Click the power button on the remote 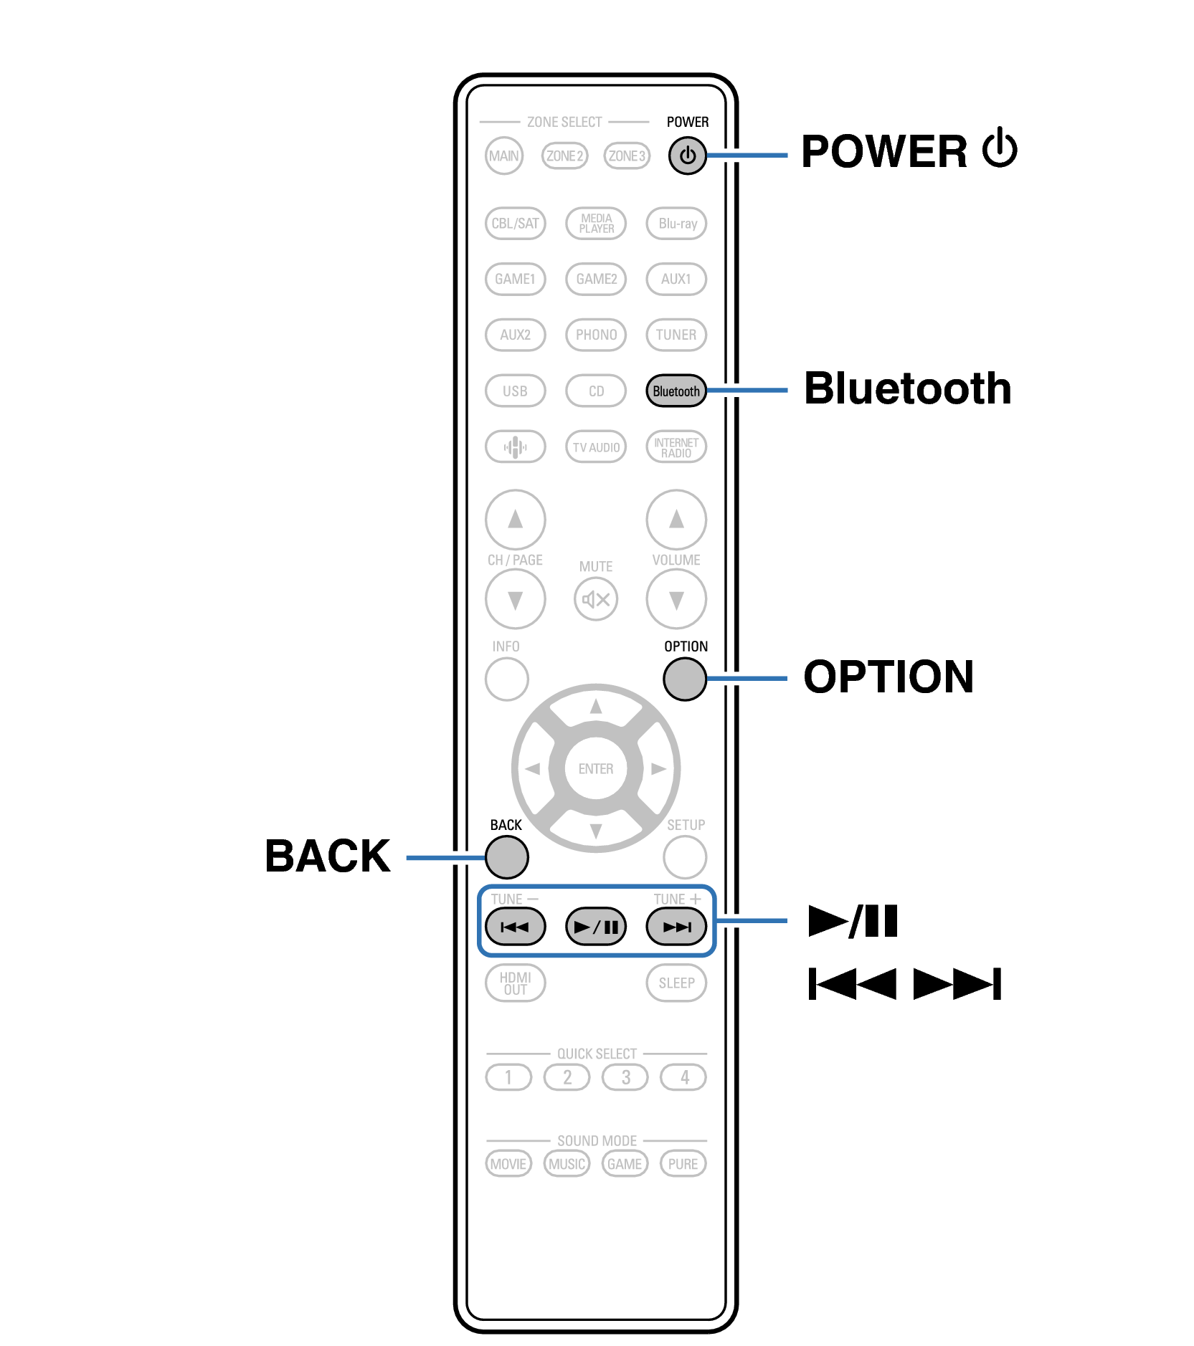tap(687, 156)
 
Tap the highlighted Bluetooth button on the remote tap(676, 391)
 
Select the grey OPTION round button tap(685, 679)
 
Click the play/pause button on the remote tap(596, 927)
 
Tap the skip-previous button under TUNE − tap(515, 927)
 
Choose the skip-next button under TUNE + tap(676, 927)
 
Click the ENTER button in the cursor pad tap(596, 769)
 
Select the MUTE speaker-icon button tap(596, 599)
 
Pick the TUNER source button tap(676, 335)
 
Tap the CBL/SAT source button tap(515, 224)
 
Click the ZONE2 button tap(565, 156)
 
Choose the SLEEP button tap(676, 983)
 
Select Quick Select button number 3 tap(625, 1077)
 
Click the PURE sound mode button tap(683, 1164)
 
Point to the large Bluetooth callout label tap(907, 389)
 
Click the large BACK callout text tap(328, 856)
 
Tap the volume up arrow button tap(676, 520)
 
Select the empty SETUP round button tap(685, 857)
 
